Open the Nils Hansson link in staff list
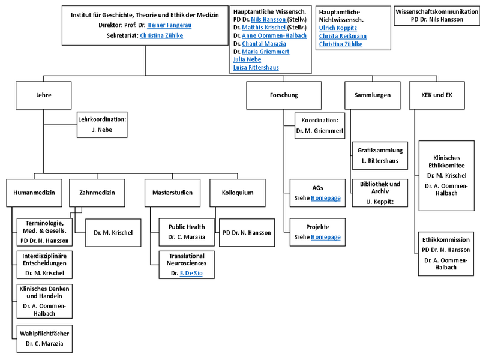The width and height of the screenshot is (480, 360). point(268,19)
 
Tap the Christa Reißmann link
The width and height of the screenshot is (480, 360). point(343,36)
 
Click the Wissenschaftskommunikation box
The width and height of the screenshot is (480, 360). point(436,15)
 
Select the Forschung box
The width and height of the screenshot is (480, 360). point(284,95)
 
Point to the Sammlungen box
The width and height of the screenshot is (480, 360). point(373,95)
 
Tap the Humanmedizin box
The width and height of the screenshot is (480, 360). point(34,193)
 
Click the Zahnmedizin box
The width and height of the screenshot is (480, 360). point(97,193)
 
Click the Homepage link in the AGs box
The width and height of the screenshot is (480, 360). point(325,197)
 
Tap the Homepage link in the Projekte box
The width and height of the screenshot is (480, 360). point(325,237)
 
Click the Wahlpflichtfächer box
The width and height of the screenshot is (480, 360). point(44,338)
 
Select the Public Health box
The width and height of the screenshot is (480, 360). point(187,232)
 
